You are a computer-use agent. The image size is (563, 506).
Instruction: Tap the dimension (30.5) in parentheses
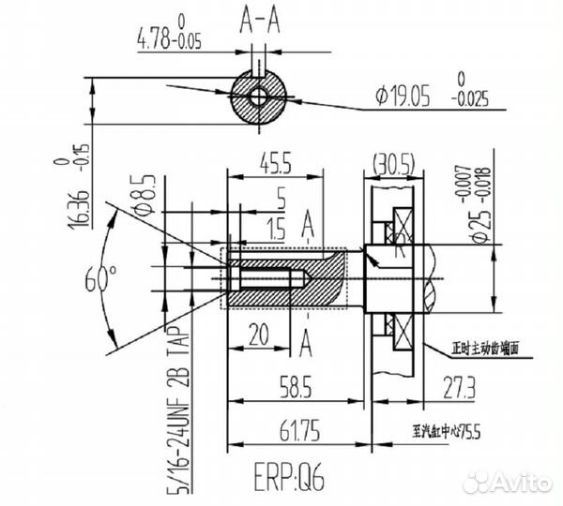[393, 162]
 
